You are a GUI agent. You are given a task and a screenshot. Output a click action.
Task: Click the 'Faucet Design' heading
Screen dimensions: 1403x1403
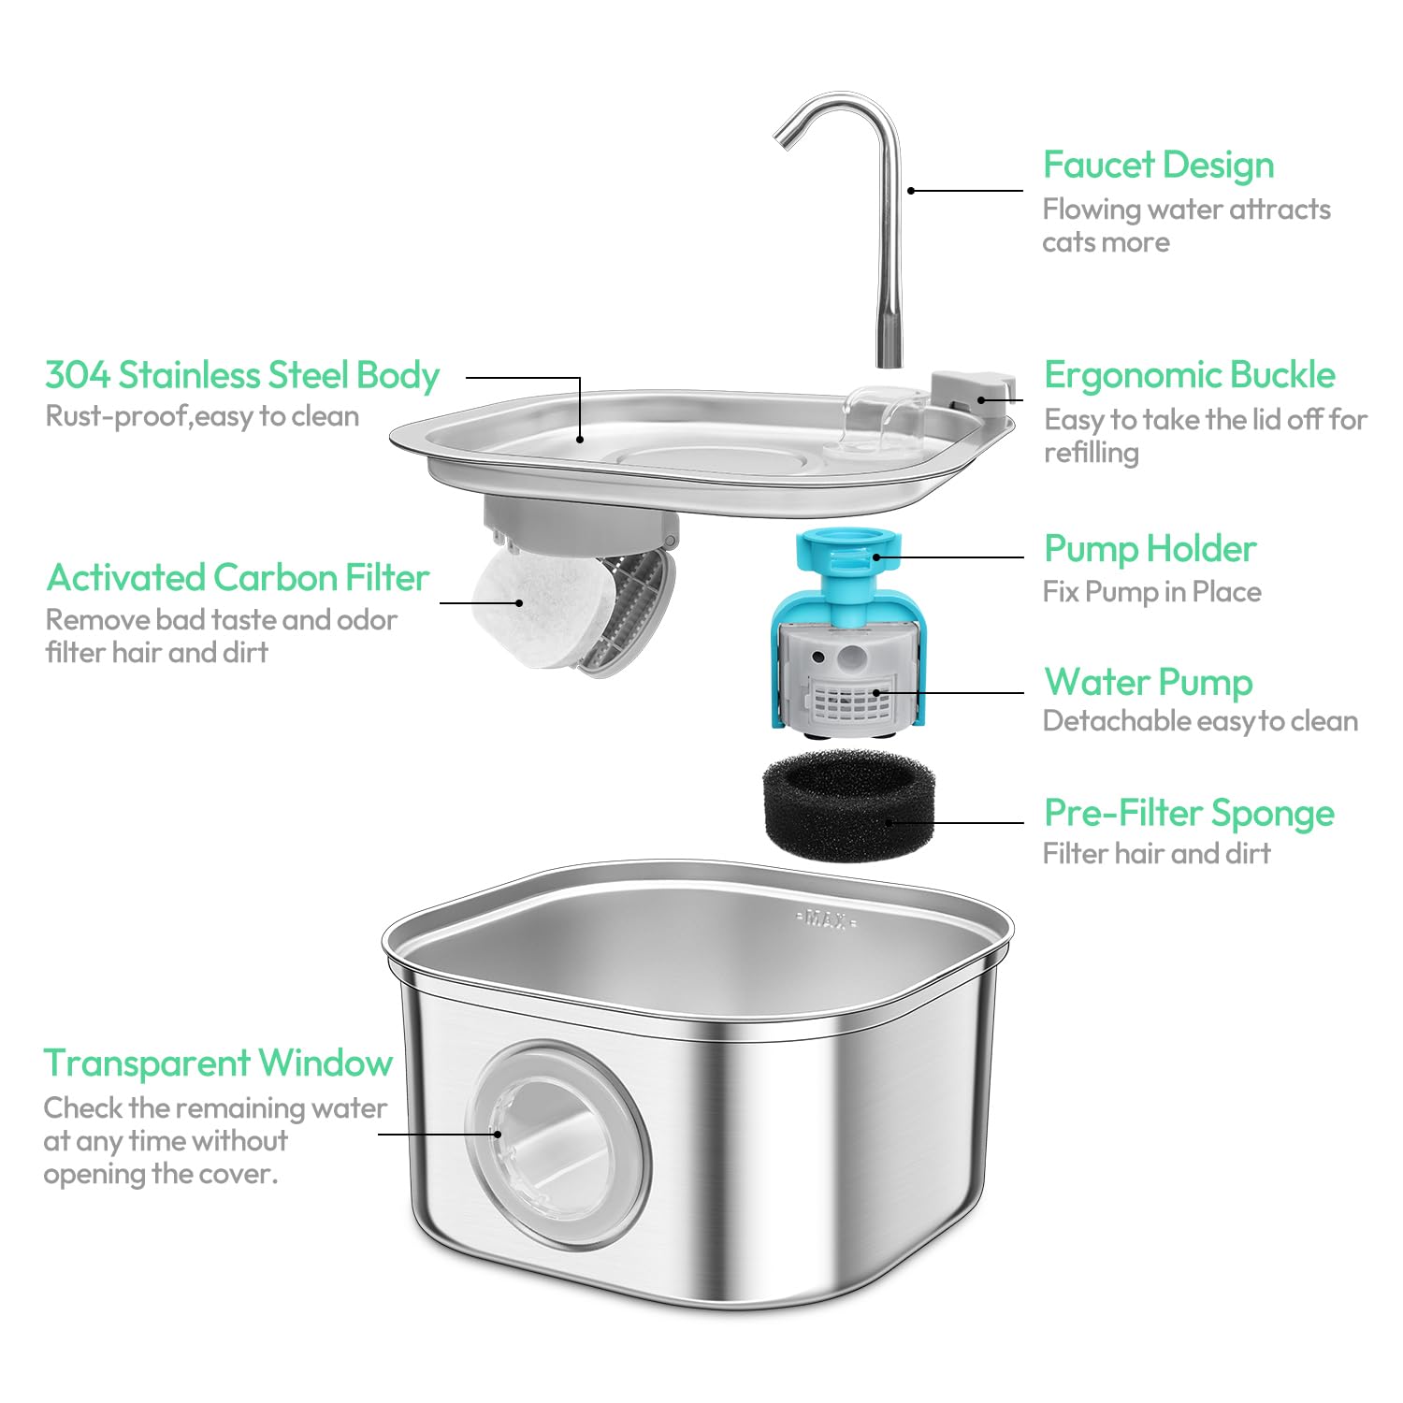point(1158,166)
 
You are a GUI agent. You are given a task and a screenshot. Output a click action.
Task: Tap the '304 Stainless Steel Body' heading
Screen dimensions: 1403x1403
point(242,375)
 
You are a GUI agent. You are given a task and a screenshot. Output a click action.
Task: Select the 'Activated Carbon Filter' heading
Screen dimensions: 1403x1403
point(238,578)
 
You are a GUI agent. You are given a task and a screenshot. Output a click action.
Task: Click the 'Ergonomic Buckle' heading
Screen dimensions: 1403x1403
point(1189,375)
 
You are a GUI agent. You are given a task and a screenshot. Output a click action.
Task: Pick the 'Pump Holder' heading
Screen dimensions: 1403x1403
point(1150,549)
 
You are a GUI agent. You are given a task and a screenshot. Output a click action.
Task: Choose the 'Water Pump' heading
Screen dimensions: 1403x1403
point(1148,682)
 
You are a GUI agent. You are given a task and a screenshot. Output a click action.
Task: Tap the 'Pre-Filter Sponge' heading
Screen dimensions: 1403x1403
point(1189,814)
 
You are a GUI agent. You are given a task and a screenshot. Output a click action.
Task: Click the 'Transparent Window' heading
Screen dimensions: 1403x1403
point(218,1063)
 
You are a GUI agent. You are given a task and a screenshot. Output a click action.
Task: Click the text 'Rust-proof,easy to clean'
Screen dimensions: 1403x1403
point(202,416)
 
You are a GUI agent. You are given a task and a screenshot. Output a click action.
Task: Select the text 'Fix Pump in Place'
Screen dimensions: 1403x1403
point(1151,592)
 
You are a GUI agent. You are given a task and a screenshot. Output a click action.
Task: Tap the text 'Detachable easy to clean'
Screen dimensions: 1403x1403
point(1200,721)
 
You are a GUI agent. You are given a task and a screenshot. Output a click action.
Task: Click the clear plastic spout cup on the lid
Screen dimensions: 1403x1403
point(884,416)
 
